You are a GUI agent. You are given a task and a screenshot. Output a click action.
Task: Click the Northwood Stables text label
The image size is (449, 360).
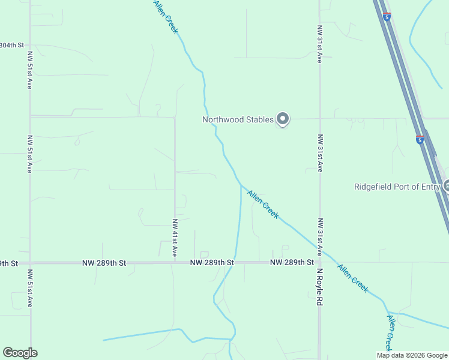pos(238,119)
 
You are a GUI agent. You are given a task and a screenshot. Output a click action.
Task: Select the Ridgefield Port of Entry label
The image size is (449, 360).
pos(396,187)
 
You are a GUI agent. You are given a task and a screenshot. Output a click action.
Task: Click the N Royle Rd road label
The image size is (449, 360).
pos(320,287)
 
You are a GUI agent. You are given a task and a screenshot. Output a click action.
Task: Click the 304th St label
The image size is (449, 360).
pos(12,45)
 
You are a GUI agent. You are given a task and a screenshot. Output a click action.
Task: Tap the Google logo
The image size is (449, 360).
pos(20,353)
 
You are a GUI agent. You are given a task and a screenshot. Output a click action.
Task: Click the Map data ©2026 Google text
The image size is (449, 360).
pos(412,355)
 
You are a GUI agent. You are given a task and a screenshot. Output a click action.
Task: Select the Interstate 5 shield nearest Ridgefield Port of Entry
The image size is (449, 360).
pos(420,140)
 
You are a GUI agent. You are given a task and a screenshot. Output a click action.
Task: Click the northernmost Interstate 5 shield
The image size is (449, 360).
pos(387,17)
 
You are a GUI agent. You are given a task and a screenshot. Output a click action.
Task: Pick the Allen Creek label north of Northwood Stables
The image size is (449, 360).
pos(166,17)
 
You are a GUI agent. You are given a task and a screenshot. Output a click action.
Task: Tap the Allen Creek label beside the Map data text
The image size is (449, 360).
pos(389,334)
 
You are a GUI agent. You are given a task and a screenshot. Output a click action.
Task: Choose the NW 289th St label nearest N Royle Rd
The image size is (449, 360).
pos(292,262)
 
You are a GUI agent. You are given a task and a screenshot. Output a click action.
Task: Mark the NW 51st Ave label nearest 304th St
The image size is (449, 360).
pos(29,70)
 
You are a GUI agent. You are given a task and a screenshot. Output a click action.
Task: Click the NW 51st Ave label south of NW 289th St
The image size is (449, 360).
pos(29,288)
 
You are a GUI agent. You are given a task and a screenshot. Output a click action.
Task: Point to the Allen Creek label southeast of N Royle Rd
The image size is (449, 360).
pos(353,278)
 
